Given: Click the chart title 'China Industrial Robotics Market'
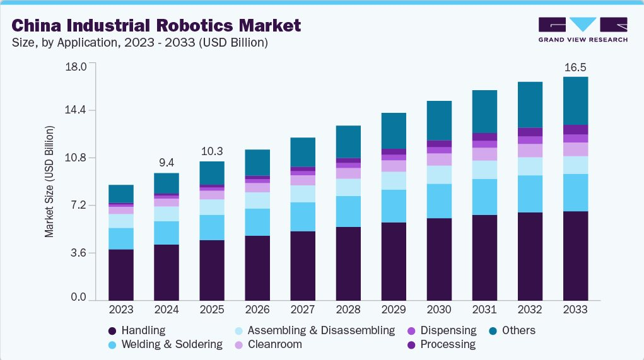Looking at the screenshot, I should (156, 26).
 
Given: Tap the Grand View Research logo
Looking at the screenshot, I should (582, 30).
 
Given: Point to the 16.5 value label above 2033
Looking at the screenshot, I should (575, 67).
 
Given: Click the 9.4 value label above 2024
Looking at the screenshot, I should (167, 163).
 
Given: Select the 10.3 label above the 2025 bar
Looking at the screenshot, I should (212, 151).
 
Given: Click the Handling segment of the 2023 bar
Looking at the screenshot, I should (121, 275).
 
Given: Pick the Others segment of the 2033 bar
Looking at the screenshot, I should (575, 101).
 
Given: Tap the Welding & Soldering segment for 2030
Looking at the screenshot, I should (439, 201).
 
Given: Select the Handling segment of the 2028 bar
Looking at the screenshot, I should (348, 264).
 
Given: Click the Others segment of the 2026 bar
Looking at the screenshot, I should (257, 163).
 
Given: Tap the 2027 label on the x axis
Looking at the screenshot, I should (303, 310).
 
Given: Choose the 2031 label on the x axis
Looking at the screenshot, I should (484, 310).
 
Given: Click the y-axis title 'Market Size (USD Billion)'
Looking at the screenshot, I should (49, 182).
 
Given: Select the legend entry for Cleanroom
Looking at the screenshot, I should (274, 344).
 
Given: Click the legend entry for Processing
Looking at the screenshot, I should (447, 344).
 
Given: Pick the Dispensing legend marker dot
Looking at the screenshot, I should (411, 330).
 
